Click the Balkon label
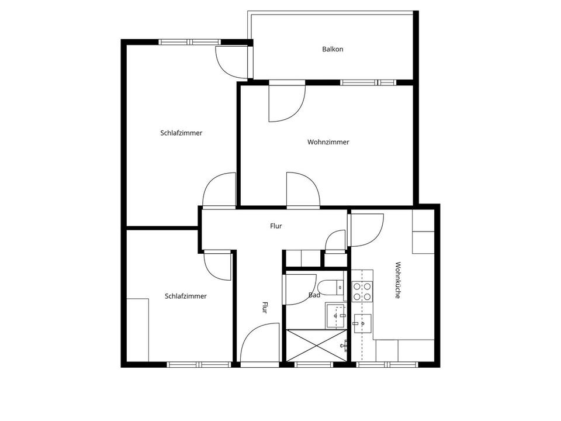click(333, 49)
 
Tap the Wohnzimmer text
click(328, 142)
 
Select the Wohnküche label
click(397, 280)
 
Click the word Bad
click(314, 295)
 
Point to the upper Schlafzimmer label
click(181, 133)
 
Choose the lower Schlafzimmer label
click(186, 296)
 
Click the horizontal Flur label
click(276, 226)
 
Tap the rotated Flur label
click(265, 308)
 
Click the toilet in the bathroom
click(331, 287)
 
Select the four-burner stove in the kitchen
click(362, 291)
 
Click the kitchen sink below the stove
click(362, 323)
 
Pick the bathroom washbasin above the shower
click(335, 315)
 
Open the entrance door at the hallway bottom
click(259, 343)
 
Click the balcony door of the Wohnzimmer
click(287, 102)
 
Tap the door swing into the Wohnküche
click(366, 230)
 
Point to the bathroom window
click(314, 365)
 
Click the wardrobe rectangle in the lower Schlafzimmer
click(138, 330)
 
